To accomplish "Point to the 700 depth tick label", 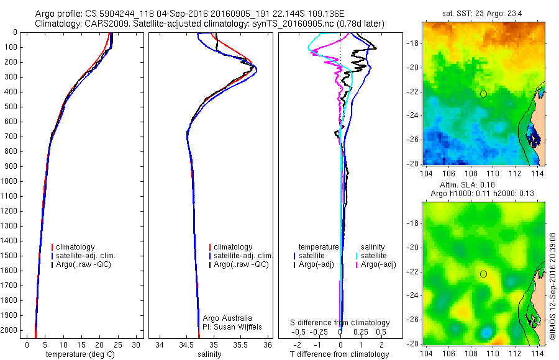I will [x=12, y=137].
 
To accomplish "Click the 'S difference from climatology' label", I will [x=340, y=323].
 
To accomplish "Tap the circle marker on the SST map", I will [x=483, y=94].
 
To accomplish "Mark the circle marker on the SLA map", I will [x=483, y=274].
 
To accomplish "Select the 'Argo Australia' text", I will [x=228, y=318].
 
